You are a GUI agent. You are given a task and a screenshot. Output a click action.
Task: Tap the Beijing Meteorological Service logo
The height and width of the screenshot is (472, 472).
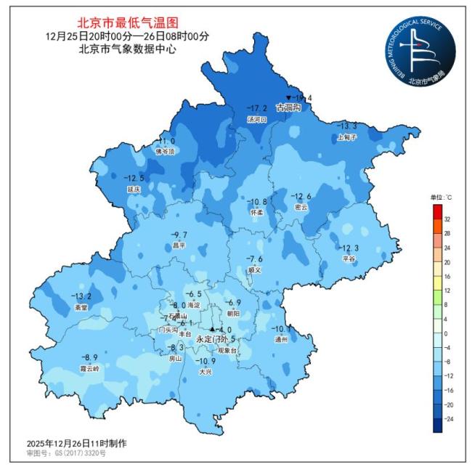420,50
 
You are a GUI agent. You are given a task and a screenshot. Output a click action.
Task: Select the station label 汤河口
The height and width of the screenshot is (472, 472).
257,118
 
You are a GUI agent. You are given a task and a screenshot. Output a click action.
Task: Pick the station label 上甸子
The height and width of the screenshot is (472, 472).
347,137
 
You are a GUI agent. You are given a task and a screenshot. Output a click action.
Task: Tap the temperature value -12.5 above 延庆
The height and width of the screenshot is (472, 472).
134,178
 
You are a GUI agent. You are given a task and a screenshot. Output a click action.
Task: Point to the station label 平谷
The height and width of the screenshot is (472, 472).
349,259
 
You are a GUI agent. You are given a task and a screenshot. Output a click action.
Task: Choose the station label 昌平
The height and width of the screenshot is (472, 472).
179,245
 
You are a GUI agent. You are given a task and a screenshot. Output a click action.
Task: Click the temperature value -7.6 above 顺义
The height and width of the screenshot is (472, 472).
254,259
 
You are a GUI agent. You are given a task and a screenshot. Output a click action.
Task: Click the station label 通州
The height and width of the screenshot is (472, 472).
282,339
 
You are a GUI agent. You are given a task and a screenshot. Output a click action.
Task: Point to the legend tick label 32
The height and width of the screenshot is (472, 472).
447,219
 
